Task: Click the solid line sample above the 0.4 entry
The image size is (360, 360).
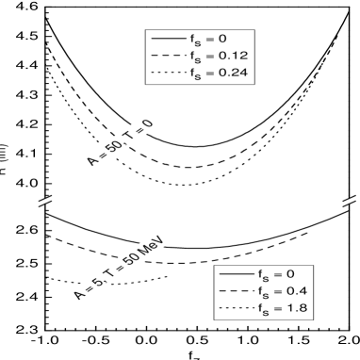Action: (235, 273)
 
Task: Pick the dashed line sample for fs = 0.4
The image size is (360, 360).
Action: (235, 289)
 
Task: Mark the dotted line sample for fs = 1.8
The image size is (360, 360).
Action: (235, 306)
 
